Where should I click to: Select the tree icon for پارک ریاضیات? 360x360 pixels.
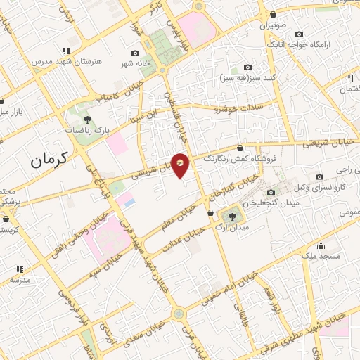(88, 120)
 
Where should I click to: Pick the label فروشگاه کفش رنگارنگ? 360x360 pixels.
(236, 160)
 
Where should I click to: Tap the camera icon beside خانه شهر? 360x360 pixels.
(135, 53)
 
